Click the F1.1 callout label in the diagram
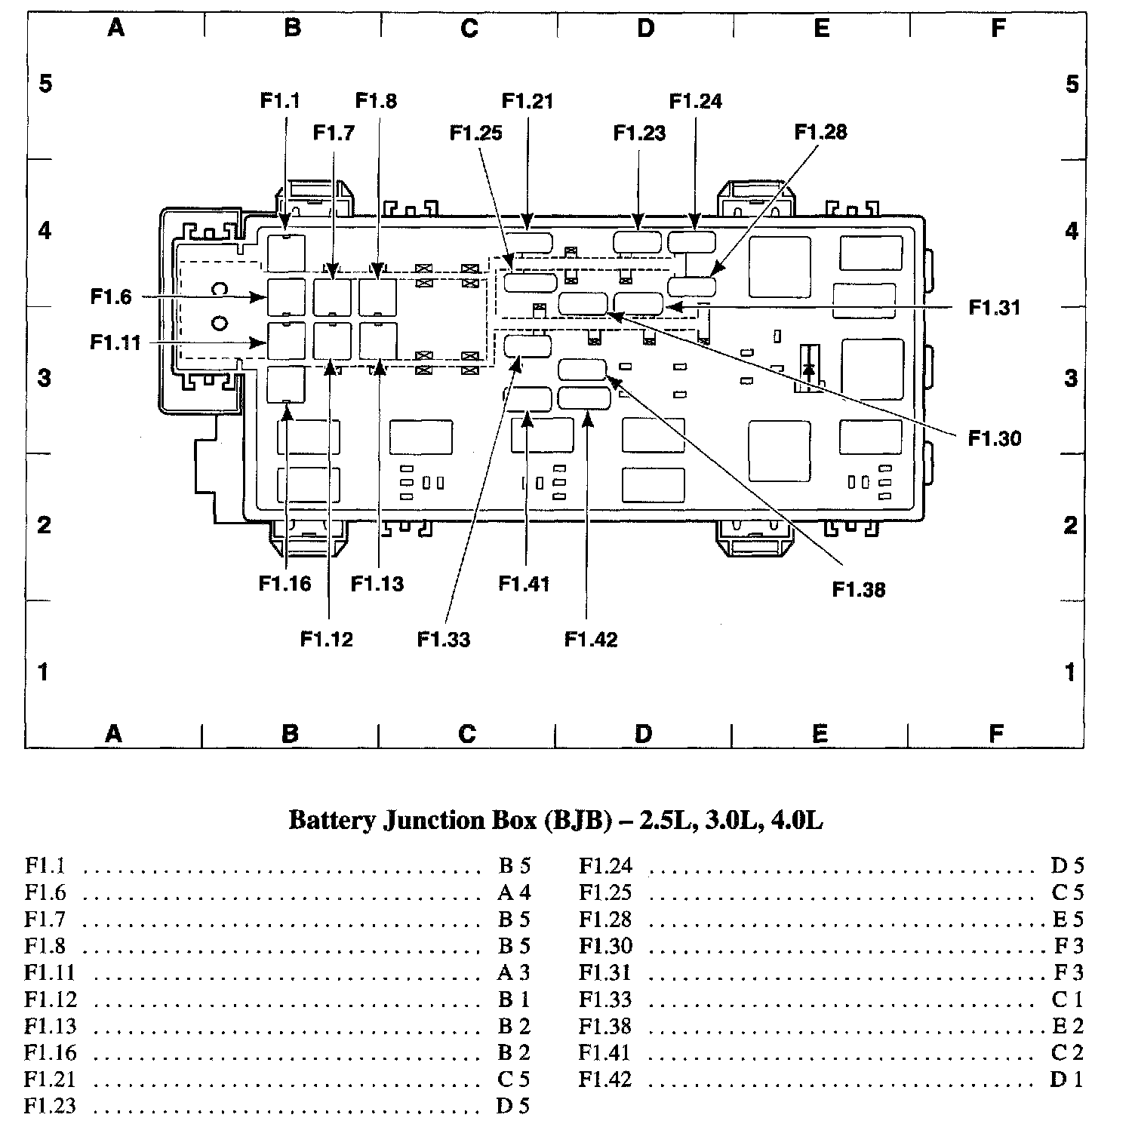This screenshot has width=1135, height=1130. [x=280, y=100]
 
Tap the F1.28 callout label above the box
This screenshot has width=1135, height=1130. [x=820, y=132]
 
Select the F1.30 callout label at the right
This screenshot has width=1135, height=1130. [x=995, y=438]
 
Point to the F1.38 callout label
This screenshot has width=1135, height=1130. [x=859, y=589]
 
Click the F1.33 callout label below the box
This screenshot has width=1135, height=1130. [x=444, y=640]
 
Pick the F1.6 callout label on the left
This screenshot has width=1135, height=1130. [x=111, y=296]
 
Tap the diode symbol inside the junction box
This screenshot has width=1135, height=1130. [x=809, y=370]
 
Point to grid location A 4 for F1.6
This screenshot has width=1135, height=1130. [x=514, y=892]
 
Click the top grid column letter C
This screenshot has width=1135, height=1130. [x=469, y=29]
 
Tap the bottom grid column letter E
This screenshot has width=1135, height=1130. [x=820, y=733]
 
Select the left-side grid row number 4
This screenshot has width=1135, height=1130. [x=45, y=230]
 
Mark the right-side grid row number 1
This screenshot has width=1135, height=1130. [x=1071, y=671]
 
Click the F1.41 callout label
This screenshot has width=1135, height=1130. [x=524, y=584]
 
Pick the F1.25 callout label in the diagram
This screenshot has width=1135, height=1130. [x=475, y=133]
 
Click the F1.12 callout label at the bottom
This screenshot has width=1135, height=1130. [x=327, y=640]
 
